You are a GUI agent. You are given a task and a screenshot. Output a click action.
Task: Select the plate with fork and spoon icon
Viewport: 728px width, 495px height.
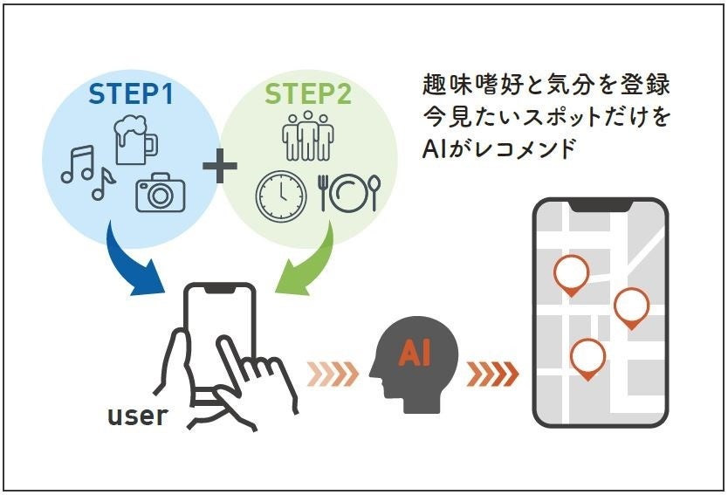349,193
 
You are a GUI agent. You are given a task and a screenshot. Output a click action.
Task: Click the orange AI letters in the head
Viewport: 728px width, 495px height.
415,354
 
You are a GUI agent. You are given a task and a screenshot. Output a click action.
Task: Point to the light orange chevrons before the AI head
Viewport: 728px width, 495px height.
333,374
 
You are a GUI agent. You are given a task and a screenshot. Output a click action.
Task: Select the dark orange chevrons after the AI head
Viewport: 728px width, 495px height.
493,374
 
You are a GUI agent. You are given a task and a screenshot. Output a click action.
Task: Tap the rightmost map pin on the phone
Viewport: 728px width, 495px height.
631,306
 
